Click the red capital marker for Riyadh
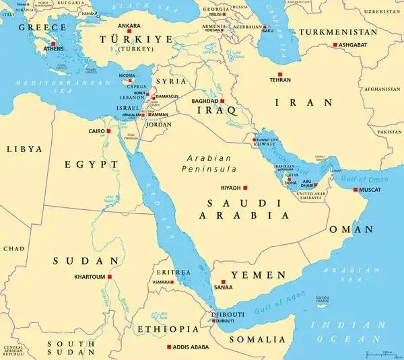click(246, 188)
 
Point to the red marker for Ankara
click(129, 32)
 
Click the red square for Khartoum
click(109, 276)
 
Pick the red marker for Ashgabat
click(335, 45)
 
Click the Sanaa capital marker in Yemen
click(223, 282)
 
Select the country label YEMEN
click(259, 275)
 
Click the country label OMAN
click(350, 229)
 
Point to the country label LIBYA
click(23, 149)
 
